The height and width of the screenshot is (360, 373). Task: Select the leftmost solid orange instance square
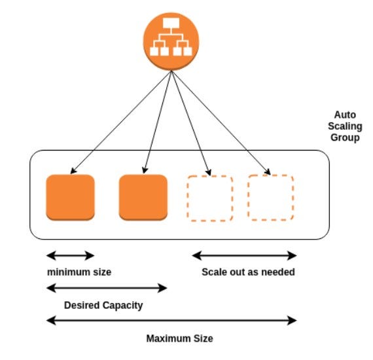click(x=70, y=197)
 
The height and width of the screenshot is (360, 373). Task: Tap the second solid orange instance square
click(x=143, y=197)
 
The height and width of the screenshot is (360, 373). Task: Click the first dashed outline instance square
click(x=210, y=197)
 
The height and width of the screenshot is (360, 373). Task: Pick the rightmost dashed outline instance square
click(x=271, y=197)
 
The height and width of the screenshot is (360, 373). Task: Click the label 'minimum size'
click(x=79, y=272)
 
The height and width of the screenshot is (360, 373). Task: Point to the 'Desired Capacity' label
click(x=103, y=305)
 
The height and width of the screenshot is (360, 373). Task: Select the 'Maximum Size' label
click(x=179, y=338)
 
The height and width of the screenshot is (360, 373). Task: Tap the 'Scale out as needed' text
click(x=248, y=272)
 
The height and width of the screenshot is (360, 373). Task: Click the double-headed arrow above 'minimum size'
click(x=71, y=255)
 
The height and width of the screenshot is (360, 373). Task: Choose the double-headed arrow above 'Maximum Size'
click(x=172, y=321)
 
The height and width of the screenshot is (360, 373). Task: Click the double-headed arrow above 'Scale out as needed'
click(x=244, y=255)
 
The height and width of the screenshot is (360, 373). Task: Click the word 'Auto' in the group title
click(x=344, y=115)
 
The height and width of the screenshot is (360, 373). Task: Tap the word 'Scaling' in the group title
click(x=344, y=126)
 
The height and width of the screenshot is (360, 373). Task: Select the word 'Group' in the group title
click(x=344, y=138)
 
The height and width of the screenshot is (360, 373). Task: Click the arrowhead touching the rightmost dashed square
click(x=268, y=173)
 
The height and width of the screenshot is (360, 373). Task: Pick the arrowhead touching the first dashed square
click(x=208, y=173)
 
